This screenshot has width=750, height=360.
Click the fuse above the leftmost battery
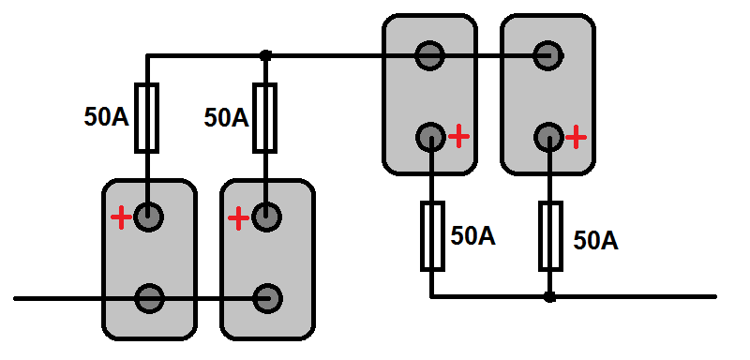[x=146, y=118]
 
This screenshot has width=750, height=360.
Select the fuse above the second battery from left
[x=264, y=118]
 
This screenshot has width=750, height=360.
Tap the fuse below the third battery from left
[x=432, y=236]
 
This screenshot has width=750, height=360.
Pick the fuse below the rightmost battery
[x=550, y=236]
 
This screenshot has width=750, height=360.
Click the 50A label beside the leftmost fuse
[x=107, y=117]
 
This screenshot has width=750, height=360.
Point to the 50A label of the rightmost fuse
[x=596, y=241]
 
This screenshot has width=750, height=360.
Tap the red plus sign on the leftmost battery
[x=122, y=218]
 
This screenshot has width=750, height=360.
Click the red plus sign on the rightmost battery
[x=576, y=137]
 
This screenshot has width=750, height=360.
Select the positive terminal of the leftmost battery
[x=148, y=217]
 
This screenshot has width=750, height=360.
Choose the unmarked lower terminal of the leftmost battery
[x=150, y=299]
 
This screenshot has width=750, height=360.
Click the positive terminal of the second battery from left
[x=266, y=217]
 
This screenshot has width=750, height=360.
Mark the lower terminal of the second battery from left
[x=268, y=299]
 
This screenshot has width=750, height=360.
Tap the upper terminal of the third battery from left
[x=430, y=55]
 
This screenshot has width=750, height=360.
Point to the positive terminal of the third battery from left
[x=431, y=138]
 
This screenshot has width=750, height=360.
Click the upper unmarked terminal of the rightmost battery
[x=548, y=55]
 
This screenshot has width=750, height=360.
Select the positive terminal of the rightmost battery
[x=549, y=138]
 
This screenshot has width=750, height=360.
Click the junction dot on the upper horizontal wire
[x=265, y=56]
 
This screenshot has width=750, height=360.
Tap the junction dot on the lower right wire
[x=550, y=297]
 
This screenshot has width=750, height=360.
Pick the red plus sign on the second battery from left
[x=239, y=218]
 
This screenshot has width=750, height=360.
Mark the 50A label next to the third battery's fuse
[x=473, y=236]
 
